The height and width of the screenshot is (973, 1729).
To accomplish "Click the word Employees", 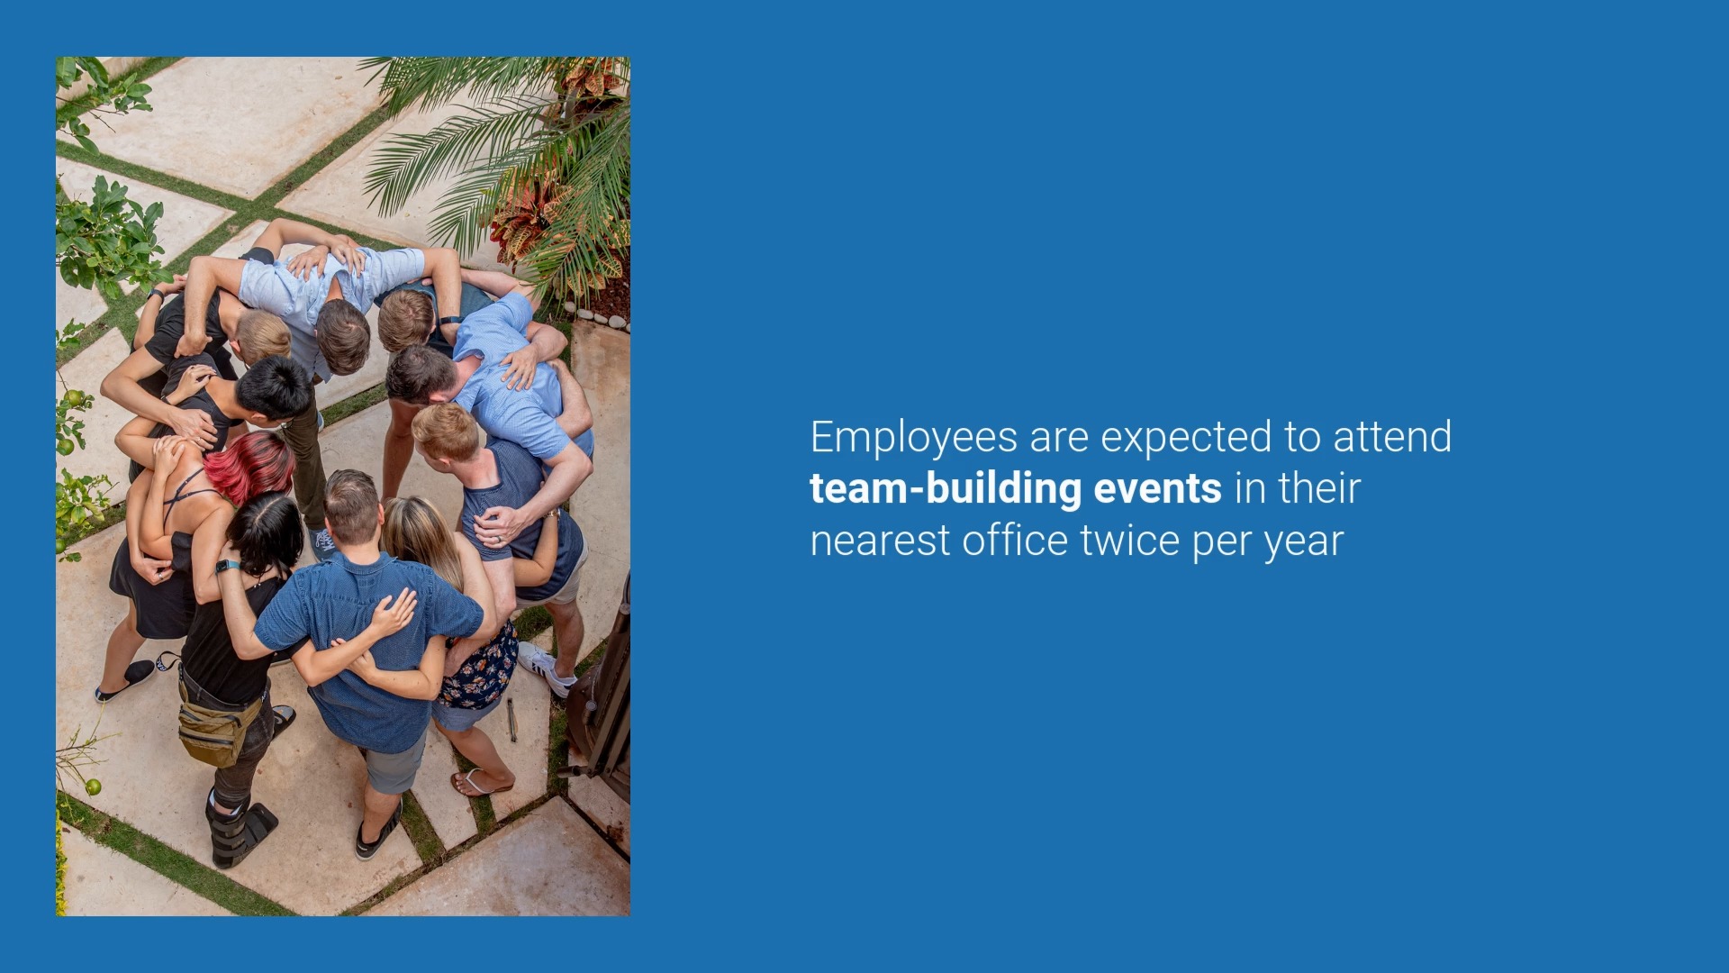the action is click(x=913, y=439).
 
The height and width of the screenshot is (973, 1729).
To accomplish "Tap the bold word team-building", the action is click(x=946, y=489).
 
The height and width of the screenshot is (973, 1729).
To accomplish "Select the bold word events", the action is click(x=1158, y=488).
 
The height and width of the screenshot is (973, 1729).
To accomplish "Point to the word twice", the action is click(x=1130, y=541).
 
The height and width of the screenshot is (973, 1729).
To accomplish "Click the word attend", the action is click(x=1392, y=437).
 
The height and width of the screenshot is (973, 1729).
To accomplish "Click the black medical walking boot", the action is click(x=238, y=829).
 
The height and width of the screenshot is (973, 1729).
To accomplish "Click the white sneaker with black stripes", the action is click(x=546, y=668).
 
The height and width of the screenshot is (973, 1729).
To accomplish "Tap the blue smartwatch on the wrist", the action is click(x=227, y=566).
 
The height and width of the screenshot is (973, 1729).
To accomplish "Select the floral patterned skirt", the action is click(x=480, y=667).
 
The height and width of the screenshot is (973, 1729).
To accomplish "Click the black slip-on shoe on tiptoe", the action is click(x=125, y=681).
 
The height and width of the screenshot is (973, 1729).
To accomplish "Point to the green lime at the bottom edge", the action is click(x=93, y=787).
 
